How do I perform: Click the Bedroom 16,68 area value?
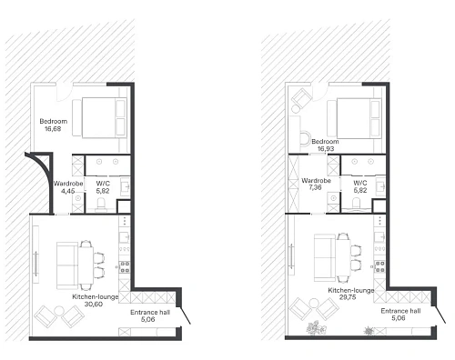(53, 129)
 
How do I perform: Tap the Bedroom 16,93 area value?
(326, 149)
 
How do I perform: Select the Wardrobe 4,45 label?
(68, 187)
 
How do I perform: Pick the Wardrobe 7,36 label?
(316, 184)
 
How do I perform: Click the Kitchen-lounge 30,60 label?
(95, 301)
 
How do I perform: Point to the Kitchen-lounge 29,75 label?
(351, 294)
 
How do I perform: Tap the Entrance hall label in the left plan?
(150, 312)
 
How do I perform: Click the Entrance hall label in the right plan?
(400, 311)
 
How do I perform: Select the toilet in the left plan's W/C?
(101, 204)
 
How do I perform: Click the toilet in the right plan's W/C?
(357, 204)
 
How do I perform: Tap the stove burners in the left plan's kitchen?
(125, 267)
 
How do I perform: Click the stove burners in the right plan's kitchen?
(380, 266)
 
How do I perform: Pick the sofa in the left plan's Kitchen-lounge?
(67, 265)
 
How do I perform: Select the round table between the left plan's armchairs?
(59, 312)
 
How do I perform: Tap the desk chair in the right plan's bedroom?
(306, 139)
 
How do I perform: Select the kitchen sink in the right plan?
(379, 237)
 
